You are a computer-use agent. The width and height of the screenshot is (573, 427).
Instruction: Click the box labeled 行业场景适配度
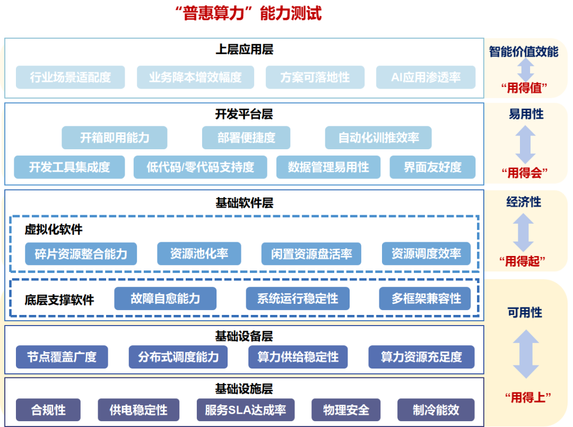(71, 78)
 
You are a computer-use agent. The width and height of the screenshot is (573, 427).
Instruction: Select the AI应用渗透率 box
(426, 78)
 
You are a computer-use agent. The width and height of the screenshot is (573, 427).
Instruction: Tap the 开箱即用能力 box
(115, 138)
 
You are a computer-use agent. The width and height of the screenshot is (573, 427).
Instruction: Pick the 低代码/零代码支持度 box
(200, 167)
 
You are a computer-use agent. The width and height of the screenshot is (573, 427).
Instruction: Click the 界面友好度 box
(432, 167)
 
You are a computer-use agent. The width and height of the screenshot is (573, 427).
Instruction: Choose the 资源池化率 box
(199, 253)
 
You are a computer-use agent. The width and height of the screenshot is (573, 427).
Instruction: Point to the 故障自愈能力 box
(165, 298)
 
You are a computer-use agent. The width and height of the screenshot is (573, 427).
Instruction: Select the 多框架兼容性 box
(426, 298)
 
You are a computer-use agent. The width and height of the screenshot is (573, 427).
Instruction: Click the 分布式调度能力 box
(178, 357)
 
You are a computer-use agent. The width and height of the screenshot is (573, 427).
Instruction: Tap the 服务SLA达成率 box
(245, 410)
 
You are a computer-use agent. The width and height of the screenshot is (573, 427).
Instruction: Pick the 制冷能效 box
(436, 410)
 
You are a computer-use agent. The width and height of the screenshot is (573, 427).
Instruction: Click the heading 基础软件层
(244, 203)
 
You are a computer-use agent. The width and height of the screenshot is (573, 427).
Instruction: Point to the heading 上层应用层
(244, 50)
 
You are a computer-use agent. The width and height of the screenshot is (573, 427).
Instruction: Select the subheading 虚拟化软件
(54, 230)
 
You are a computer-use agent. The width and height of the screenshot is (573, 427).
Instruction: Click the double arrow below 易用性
(525, 144)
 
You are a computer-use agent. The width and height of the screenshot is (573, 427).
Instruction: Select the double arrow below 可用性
(525, 354)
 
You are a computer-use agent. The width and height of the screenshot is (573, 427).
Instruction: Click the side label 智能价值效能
(523, 52)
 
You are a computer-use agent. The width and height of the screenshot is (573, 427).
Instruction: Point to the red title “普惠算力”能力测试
(248, 13)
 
